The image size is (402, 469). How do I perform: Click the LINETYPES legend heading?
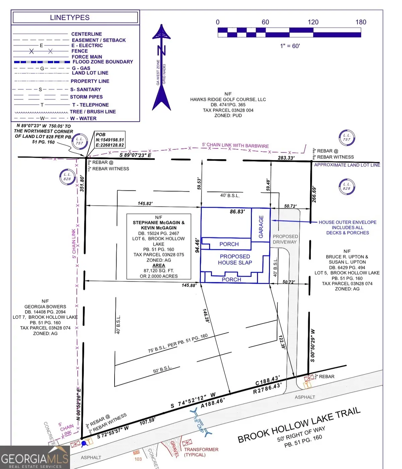click(70, 17)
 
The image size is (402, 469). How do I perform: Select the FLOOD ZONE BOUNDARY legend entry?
click(103, 62)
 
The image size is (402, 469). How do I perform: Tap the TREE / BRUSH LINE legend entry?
click(93, 112)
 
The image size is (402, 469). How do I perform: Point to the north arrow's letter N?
click(161, 50)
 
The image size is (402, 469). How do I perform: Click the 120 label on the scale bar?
click(313, 22)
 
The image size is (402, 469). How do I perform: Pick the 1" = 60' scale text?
click(290, 46)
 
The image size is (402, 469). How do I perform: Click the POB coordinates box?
click(110, 140)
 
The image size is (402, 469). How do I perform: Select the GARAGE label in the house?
click(261, 227)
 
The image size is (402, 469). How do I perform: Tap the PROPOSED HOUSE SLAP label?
click(235, 259)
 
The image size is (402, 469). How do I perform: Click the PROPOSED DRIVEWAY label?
click(285, 239)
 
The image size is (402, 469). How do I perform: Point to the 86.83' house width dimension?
click(237, 212)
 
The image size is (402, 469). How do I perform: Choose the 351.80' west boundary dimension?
click(82, 183)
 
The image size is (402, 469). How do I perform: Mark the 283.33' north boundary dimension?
click(286, 158)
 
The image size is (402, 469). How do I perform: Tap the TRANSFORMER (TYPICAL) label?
click(201, 452)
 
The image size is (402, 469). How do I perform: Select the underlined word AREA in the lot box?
click(159, 265)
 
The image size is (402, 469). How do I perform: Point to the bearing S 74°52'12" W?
click(193, 401)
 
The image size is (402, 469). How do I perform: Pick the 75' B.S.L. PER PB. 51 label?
click(178, 343)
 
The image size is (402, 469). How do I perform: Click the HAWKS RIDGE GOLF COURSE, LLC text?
click(228, 99)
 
